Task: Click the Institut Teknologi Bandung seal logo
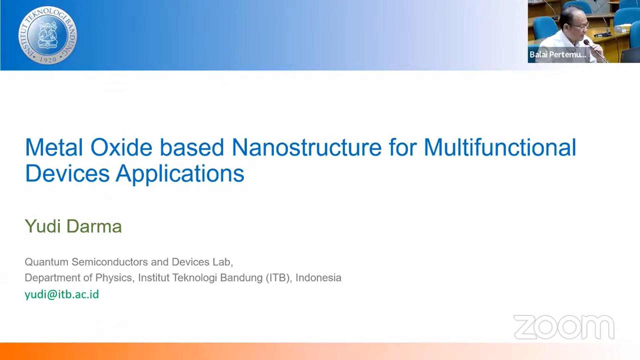pyautogui.click(x=48, y=35)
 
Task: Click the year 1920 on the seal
pyautogui.click(x=48, y=60)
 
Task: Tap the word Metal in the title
pyautogui.click(x=54, y=147)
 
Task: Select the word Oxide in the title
pyautogui.click(x=121, y=147)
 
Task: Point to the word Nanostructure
pyautogui.click(x=306, y=147)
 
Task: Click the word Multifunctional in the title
pyautogui.click(x=500, y=147)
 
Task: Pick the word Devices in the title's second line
pyautogui.click(x=67, y=173)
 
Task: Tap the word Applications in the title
pyautogui.click(x=180, y=174)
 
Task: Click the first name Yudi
pyautogui.click(x=43, y=226)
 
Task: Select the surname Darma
pyautogui.click(x=94, y=226)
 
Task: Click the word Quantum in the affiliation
pyautogui.click(x=46, y=262)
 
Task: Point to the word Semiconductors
pyautogui.click(x=110, y=262)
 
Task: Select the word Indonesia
pyautogui.click(x=318, y=278)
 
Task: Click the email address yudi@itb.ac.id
pyautogui.click(x=62, y=294)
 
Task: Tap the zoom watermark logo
pyautogui.click(x=564, y=327)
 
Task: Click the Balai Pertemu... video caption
pyautogui.click(x=558, y=55)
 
